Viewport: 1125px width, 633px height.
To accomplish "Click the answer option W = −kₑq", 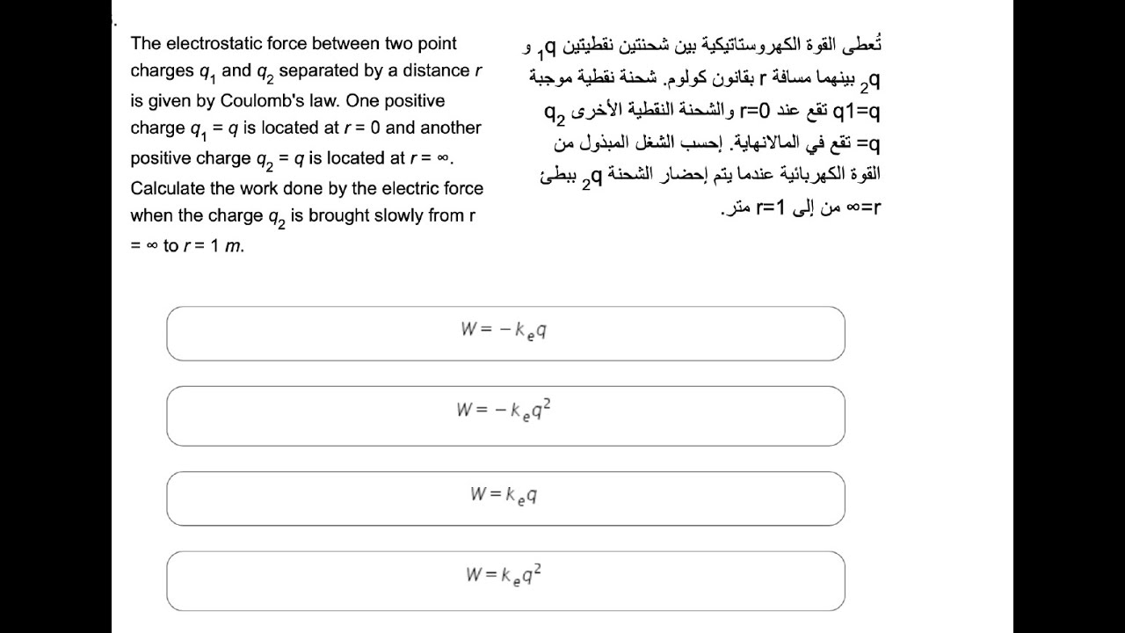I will click(x=505, y=333).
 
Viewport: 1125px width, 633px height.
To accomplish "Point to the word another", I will click(x=451, y=127).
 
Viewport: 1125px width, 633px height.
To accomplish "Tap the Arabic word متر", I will click(x=734, y=209).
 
